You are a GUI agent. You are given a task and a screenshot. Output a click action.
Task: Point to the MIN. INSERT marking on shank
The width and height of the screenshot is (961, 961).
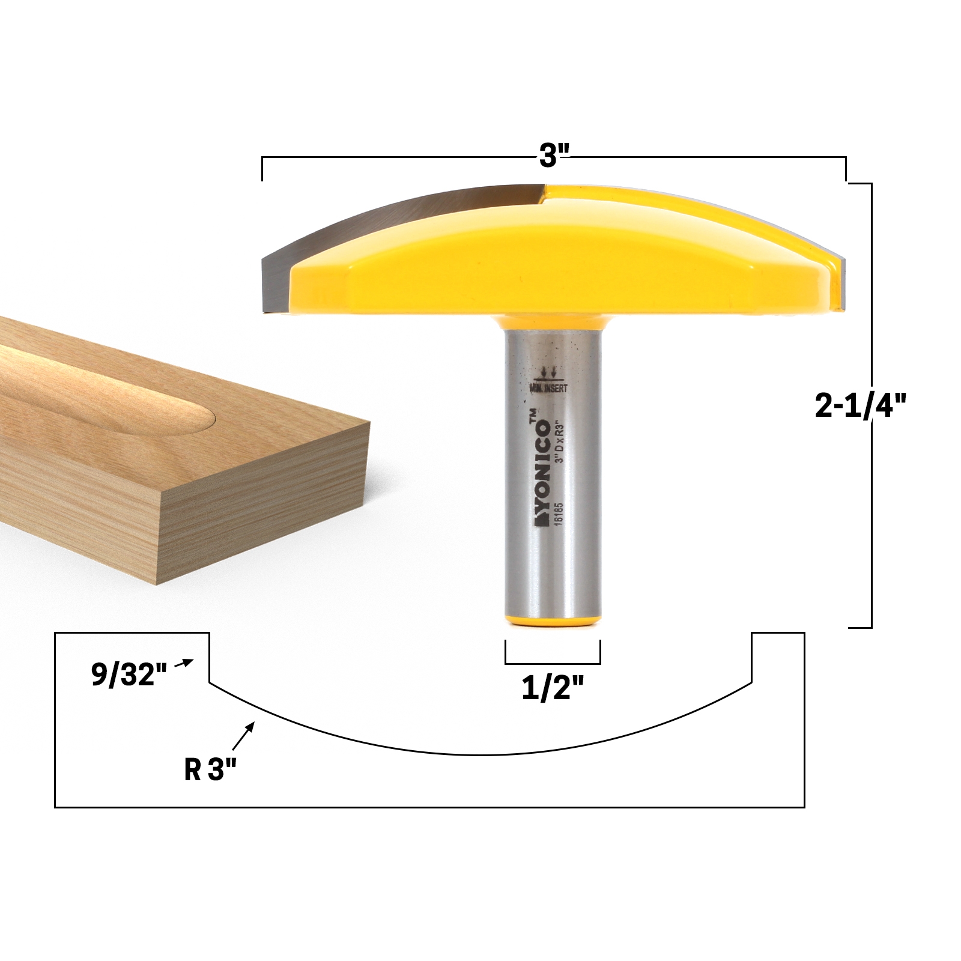tap(548, 389)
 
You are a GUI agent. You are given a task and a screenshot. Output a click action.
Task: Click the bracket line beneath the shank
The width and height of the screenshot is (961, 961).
tap(553, 664)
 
